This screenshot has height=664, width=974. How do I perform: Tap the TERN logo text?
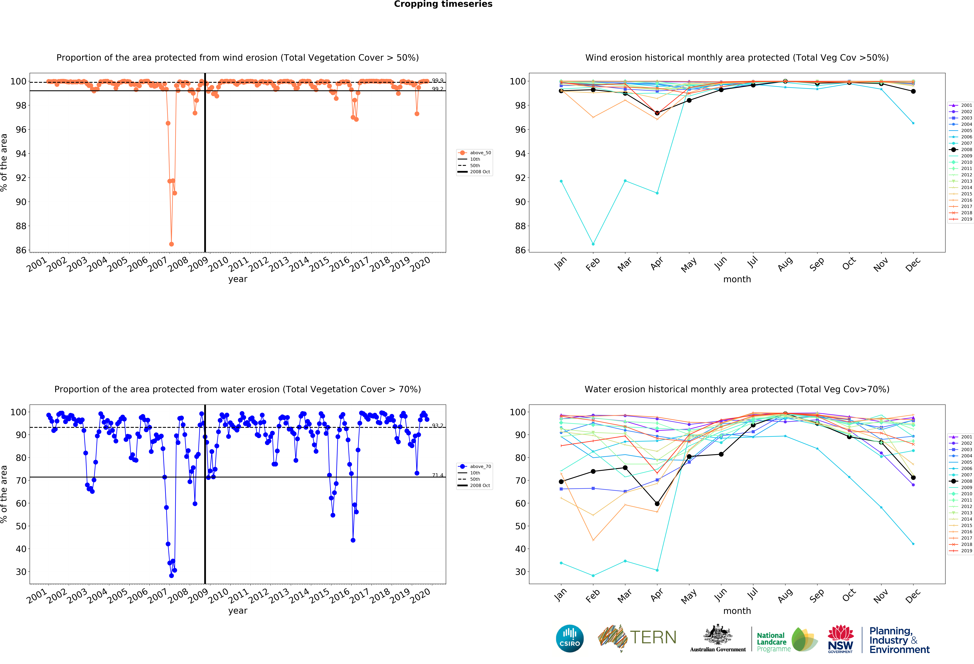pos(653,638)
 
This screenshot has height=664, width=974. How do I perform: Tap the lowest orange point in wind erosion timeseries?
pos(171,244)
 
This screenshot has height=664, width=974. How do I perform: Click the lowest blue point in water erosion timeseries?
pos(171,576)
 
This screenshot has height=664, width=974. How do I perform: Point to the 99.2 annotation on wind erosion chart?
pos(438,89)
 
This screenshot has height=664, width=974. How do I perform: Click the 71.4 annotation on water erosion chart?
pos(438,475)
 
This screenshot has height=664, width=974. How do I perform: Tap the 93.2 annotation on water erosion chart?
pos(438,426)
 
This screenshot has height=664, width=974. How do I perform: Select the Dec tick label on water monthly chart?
pos(913,596)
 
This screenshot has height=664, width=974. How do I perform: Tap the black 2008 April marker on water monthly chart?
pos(657,503)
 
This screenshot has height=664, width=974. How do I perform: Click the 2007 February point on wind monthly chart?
pos(593,244)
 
